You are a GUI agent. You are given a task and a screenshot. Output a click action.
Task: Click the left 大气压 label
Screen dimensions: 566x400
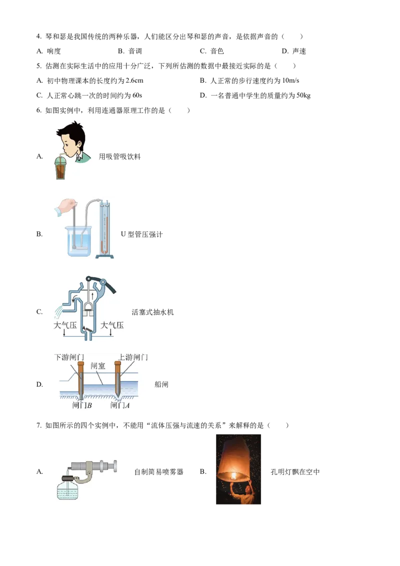[x=64, y=325]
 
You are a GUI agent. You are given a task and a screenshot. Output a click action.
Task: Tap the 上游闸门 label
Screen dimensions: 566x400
[x=132, y=357]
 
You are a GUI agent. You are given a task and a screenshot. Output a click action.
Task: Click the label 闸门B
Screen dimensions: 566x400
[x=81, y=405]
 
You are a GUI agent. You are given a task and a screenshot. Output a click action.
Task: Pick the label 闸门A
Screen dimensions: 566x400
[x=120, y=405]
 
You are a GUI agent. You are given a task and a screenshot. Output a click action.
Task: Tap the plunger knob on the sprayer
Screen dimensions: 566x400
[x=115, y=466]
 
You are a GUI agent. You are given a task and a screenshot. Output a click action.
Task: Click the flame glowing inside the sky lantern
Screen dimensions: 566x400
[x=233, y=475]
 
